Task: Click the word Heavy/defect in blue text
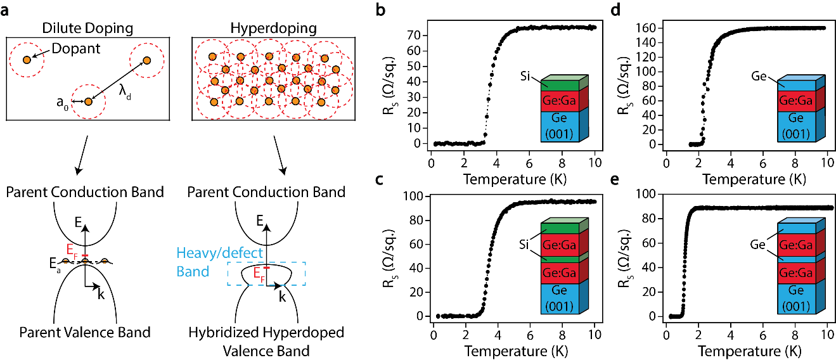pos(219,254)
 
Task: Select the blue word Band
pos(193,272)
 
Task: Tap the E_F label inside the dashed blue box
pos(259,274)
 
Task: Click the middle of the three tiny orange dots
pos(85,261)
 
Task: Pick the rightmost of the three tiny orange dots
pos(105,261)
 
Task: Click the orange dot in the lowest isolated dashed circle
pos(88,101)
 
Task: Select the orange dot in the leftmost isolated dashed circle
pos(27,60)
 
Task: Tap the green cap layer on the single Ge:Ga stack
pos(560,86)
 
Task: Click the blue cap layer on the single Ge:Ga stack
pos(797,86)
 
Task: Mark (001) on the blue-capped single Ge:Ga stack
pos(797,134)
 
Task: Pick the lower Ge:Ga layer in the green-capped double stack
pos(560,273)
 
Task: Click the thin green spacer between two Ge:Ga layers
pos(560,259)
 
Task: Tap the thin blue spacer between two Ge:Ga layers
pos(797,259)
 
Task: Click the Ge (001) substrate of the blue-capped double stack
pos(797,298)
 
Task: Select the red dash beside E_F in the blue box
pos(266,267)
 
